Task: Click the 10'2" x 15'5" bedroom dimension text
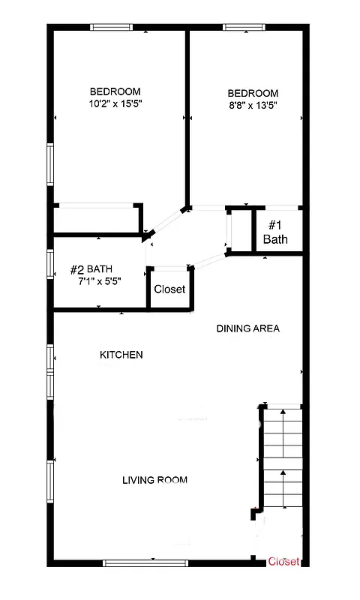coord(115,103)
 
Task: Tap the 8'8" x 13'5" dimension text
coord(253,106)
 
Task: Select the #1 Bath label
coord(274,232)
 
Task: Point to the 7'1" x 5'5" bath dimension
coord(100,280)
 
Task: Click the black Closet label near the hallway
coord(169,289)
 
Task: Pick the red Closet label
coord(284,561)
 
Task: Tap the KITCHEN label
coord(121,355)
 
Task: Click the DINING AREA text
coord(247,328)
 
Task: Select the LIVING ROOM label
coord(154,480)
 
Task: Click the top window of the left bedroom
coord(112,28)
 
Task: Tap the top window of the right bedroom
coord(244,28)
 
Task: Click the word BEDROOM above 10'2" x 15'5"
coord(115,91)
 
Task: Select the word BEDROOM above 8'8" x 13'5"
coord(253,94)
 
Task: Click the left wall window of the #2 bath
coord(49,270)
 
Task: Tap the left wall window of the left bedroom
coord(49,164)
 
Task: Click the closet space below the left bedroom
coord(96,220)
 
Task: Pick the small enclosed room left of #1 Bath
coord(239,230)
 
